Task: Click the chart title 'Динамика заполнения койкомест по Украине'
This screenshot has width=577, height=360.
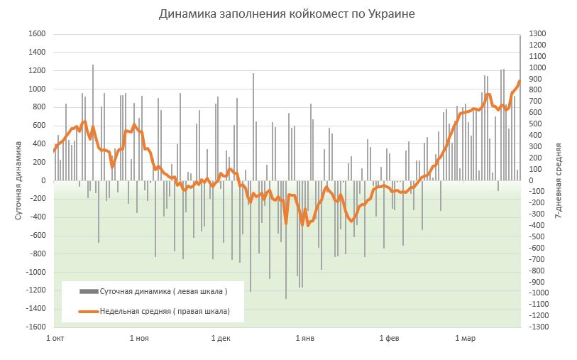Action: pyautogui.click(x=287, y=13)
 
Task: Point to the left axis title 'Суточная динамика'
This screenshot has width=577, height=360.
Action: pyautogui.click(x=18, y=180)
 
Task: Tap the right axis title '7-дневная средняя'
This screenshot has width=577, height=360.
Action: pyautogui.click(x=559, y=180)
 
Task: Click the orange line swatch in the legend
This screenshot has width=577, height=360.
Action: pyautogui.click(x=88, y=311)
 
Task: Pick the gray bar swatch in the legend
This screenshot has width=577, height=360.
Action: pyautogui.click(x=88, y=291)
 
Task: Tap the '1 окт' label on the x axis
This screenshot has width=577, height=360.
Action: pyautogui.click(x=55, y=338)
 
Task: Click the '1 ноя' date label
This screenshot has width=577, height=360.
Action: pyautogui.click(x=139, y=338)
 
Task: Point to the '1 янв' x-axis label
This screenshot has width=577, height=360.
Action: pyautogui.click(x=304, y=338)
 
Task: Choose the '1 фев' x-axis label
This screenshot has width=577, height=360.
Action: pyautogui.click(x=389, y=338)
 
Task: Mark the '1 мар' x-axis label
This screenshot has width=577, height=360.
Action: pyautogui.click(x=465, y=338)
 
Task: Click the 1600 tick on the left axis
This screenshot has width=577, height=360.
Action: pyautogui.click(x=38, y=34)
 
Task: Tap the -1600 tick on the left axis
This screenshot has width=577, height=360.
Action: pyautogui.click(x=35, y=327)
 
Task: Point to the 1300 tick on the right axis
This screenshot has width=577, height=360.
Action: pyautogui.click(x=538, y=34)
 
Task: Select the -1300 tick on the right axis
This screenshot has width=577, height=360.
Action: pyautogui.click(x=537, y=327)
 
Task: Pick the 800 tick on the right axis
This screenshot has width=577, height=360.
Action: pyautogui.click(x=536, y=90)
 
